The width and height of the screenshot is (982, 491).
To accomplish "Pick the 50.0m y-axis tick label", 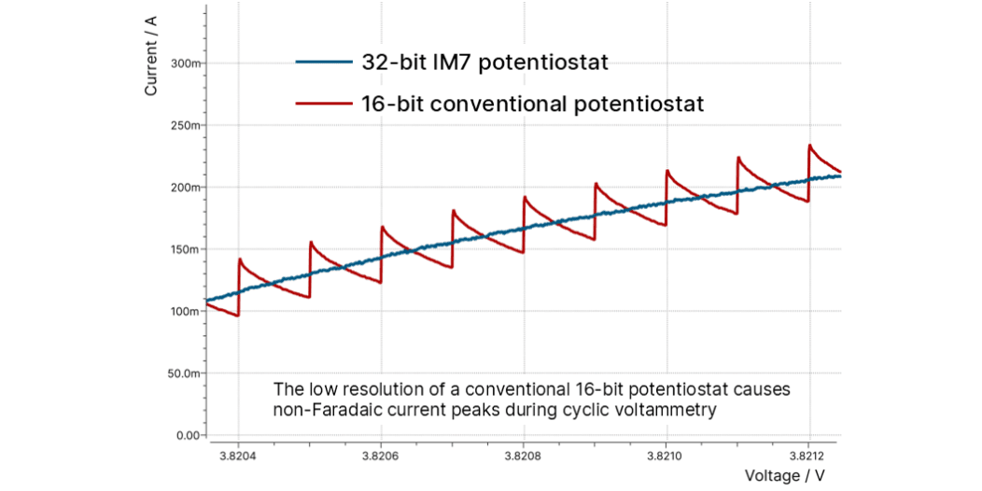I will coord(187,373).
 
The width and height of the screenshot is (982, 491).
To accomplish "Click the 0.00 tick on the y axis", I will coord(190,435).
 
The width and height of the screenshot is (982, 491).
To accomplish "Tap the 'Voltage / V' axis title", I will coord(785,476).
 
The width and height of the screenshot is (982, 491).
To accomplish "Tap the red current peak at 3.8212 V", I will coord(810,146).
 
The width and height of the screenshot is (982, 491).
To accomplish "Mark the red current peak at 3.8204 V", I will coord(241,260).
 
